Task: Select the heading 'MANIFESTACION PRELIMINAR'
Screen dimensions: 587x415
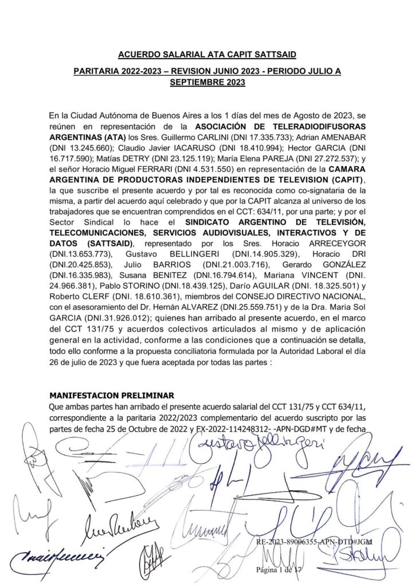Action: (x=112, y=396)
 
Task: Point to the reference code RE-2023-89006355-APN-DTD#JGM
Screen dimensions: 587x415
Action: (x=314, y=541)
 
